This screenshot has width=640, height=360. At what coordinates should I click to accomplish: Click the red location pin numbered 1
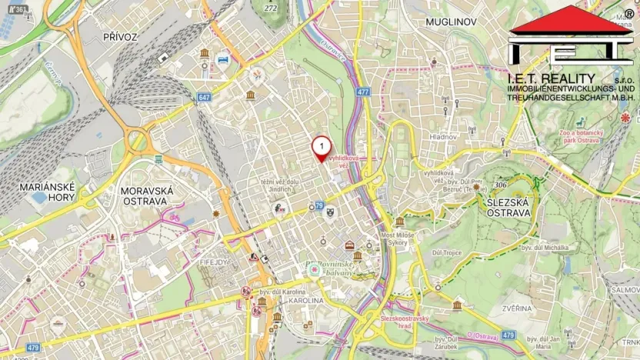pyautogui.click(x=322, y=147)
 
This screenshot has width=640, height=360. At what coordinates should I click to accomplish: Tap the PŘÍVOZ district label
pyautogui.click(x=120, y=36)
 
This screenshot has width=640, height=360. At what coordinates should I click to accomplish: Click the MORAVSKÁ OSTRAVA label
pyautogui.click(x=148, y=195)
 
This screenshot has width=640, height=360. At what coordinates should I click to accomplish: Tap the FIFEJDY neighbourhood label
pyautogui.click(x=215, y=262)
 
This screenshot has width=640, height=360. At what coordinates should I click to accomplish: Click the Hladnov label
pyautogui.click(x=444, y=137)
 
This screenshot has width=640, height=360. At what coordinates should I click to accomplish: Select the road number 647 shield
pyautogui.click(x=203, y=98)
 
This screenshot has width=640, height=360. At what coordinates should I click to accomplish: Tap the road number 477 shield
pyautogui.click(x=363, y=92)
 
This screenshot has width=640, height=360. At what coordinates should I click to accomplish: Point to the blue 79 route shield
pyautogui.click(x=318, y=205)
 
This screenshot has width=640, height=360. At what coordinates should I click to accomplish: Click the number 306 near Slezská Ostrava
pyautogui.click(x=501, y=185)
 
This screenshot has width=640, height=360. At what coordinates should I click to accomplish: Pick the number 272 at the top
pyautogui.click(x=270, y=8)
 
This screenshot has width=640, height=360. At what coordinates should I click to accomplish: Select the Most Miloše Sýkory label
pyautogui.click(x=396, y=238)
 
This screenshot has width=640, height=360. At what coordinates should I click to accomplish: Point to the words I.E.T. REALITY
pyautogui.click(x=551, y=78)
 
